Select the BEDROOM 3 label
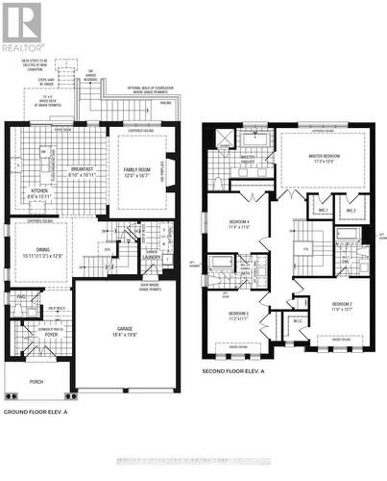pyautogui.click(x=238, y=313)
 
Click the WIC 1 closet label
pyautogui.click(x=324, y=210)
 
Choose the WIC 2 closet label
pyautogui.click(x=351, y=210)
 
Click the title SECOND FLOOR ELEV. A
pyautogui.click(x=240, y=371)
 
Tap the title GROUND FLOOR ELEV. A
pyautogui.click(x=42, y=412)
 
